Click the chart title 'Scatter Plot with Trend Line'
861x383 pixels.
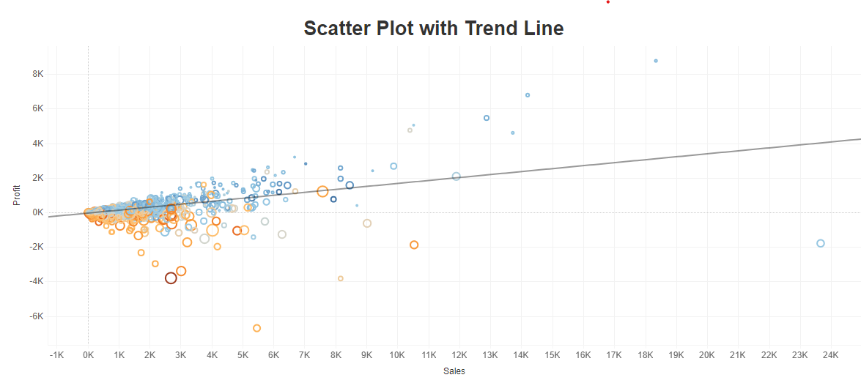click(434, 29)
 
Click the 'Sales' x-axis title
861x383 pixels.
click(454, 371)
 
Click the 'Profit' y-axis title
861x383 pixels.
click(17, 196)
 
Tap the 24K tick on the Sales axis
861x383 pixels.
click(830, 355)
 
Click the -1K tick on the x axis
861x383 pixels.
click(56, 355)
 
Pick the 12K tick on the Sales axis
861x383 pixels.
click(459, 355)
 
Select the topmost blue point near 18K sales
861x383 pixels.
click(656, 61)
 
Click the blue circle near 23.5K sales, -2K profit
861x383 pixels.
click(821, 243)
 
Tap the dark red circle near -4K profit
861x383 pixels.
click(171, 278)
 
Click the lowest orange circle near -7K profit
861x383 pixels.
click(256, 328)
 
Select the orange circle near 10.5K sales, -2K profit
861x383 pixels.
click(414, 245)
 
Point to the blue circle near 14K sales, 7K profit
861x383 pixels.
click(528, 95)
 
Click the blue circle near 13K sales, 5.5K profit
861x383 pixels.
click(487, 118)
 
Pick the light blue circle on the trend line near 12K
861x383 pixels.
click(456, 176)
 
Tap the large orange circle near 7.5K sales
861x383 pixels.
click(322, 191)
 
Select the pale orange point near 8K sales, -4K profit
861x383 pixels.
click(341, 278)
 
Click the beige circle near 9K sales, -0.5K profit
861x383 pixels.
click(367, 223)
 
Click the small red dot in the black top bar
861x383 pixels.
click(607, 2)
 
